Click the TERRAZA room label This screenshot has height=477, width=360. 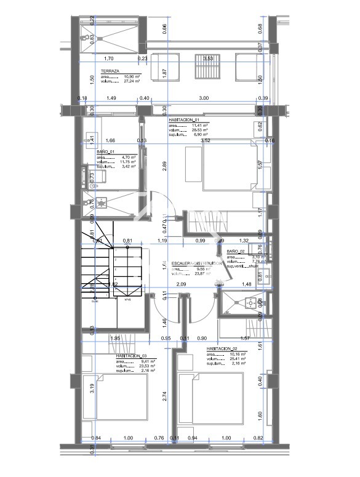pyautogui.click(x=110, y=71)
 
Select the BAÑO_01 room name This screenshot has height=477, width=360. pyautogui.click(x=106, y=151)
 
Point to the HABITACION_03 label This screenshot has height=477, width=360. pyautogui.click(x=131, y=355)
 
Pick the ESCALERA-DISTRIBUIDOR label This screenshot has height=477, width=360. pyautogui.click(x=196, y=263)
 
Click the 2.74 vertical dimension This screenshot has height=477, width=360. pyautogui.click(x=165, y=397)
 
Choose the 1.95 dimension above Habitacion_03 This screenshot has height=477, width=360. pyautogui.click(x=114, y=339)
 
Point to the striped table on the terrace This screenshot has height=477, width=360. pyautogui.click(x=203, y=65)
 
